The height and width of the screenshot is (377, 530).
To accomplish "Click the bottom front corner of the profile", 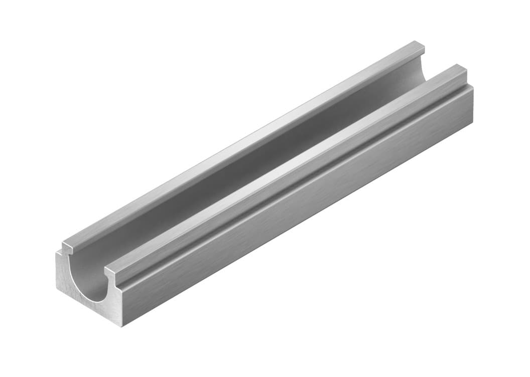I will point(122,326).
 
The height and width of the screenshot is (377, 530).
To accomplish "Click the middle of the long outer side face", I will point(301,221).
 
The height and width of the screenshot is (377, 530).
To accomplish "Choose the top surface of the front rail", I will point(286,170).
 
